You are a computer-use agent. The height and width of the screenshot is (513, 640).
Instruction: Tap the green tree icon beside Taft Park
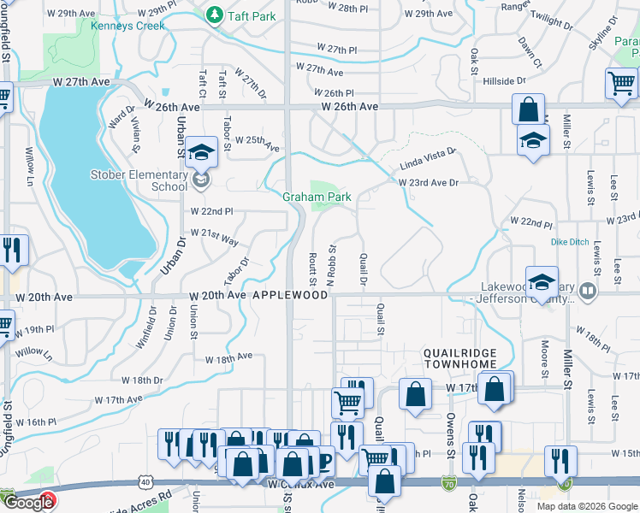click(211, 15)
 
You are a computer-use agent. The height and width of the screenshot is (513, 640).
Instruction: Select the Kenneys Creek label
click(127, 26)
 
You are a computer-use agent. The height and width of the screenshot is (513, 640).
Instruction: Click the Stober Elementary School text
click(139, 180)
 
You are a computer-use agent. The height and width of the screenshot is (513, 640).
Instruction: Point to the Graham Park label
click(317, 197)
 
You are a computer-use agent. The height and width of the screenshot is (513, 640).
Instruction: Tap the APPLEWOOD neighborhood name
click(289, 294)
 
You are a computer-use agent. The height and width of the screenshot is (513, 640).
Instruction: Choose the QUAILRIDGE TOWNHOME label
click(461, 358)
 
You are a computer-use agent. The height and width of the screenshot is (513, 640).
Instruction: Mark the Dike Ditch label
click(570, 242)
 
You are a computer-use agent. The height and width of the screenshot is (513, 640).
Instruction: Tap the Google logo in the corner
click(27, 503)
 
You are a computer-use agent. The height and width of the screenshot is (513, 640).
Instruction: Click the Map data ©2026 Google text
click(586, 506)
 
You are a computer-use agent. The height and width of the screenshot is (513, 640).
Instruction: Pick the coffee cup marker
click(323, 462)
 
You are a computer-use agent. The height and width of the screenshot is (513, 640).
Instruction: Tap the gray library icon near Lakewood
click(586, 291)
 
